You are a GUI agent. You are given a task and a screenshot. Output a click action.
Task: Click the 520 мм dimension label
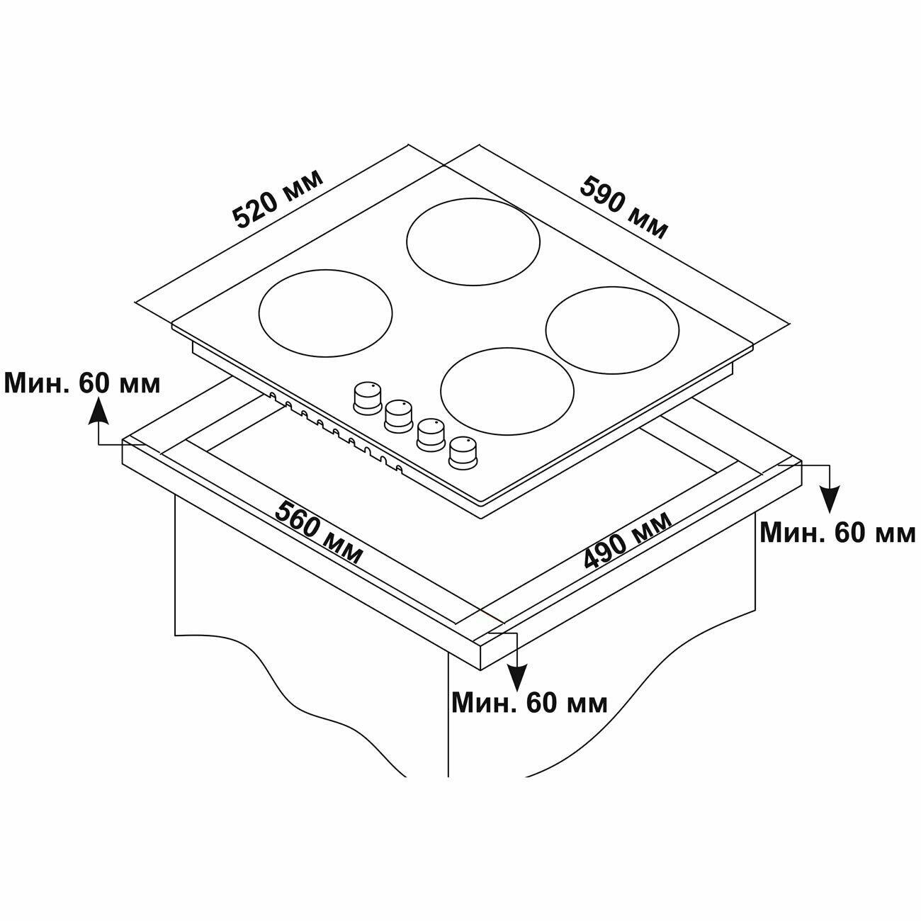[x=278, y=198]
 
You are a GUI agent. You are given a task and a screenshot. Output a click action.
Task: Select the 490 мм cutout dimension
[x=628, y=541]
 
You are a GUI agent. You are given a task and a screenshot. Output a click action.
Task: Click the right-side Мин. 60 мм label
[x=837, y=532]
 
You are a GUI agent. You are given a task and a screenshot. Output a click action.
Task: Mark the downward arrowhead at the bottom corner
[x=519, y=679]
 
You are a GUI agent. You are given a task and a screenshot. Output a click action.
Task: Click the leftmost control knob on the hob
[x=366, y=396]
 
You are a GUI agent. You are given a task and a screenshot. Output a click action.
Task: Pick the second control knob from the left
[x=399, y=414]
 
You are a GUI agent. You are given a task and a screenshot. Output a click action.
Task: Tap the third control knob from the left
[x=430, y=433]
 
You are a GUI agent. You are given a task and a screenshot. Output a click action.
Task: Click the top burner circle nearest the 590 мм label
[x=473, y=237]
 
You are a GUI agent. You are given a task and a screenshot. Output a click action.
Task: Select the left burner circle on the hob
[x=325, y=313]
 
